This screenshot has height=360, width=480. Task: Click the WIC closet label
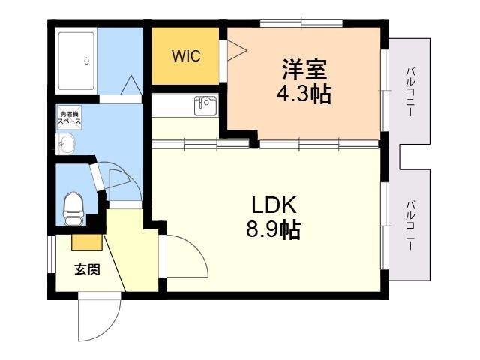(185, 57)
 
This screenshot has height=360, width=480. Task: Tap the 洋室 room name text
(304, 70)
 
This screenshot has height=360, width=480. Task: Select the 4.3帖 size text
(304, 95)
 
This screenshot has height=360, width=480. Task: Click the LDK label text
(274, 204)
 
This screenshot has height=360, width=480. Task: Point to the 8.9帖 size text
(274, 229)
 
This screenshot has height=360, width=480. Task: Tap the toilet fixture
(73, 206)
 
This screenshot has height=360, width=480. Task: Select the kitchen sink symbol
(205, 106)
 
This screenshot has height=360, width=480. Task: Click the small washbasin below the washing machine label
(67, 144)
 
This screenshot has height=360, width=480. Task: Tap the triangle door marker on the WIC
(235, 50)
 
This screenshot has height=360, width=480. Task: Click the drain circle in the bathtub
(88, 61)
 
